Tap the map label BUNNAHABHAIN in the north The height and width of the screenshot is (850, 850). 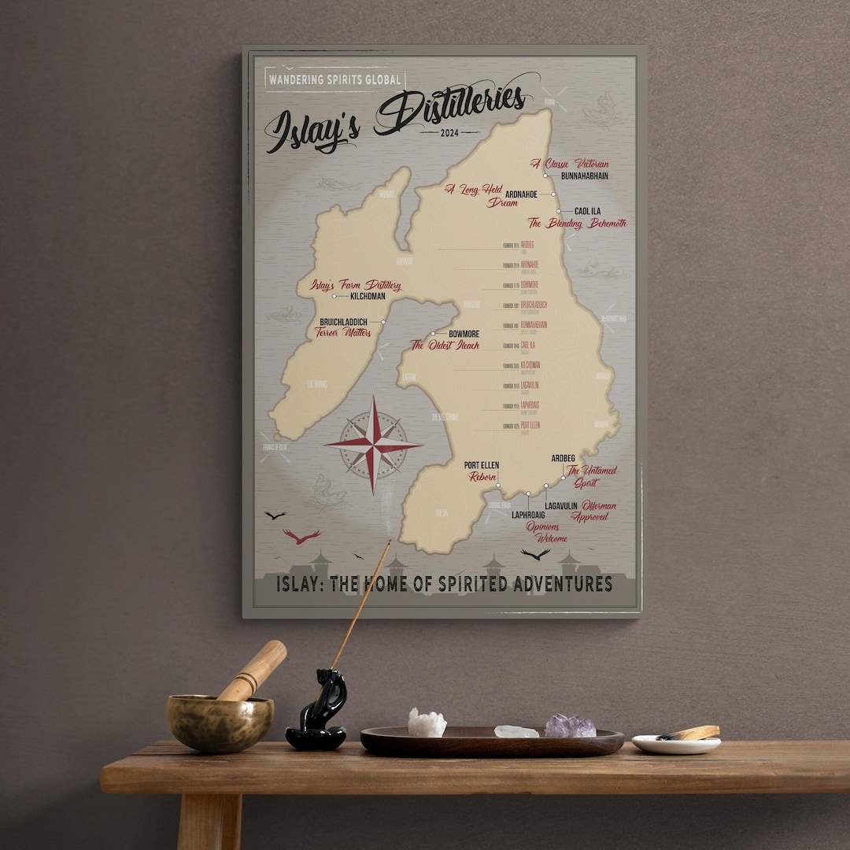(585, 176)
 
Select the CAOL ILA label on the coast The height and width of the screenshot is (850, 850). (588, 211)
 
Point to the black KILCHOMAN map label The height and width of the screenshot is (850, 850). (368, 297)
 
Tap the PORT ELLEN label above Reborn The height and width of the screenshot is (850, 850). (481, 465)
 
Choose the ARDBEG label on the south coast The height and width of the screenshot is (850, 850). (563, 458)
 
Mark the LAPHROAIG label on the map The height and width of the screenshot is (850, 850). (528, 515)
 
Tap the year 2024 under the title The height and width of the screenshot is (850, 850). (450, 132)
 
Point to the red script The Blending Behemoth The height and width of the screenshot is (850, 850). (576, 224)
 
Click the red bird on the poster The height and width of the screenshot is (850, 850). (301, 537)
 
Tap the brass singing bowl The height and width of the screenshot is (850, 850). (220, 721)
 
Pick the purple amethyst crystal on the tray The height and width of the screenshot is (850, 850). (570, 726)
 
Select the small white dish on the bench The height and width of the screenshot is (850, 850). (675, 743)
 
